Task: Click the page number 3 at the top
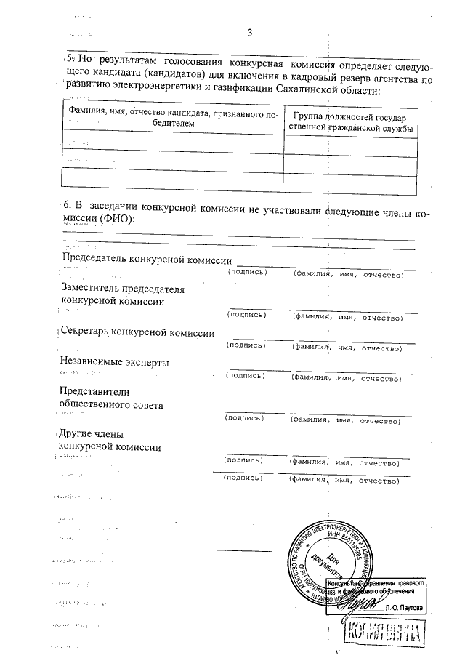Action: click(x=249, y=33)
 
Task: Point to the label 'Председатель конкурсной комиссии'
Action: click(x=147, y=260)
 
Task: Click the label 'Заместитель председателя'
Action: click(x=124, y=289)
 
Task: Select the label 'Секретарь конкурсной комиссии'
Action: click(x=138, y=333)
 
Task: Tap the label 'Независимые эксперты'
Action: click(x=116, y=362)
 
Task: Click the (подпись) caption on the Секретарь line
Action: click(x=247, y=348)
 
